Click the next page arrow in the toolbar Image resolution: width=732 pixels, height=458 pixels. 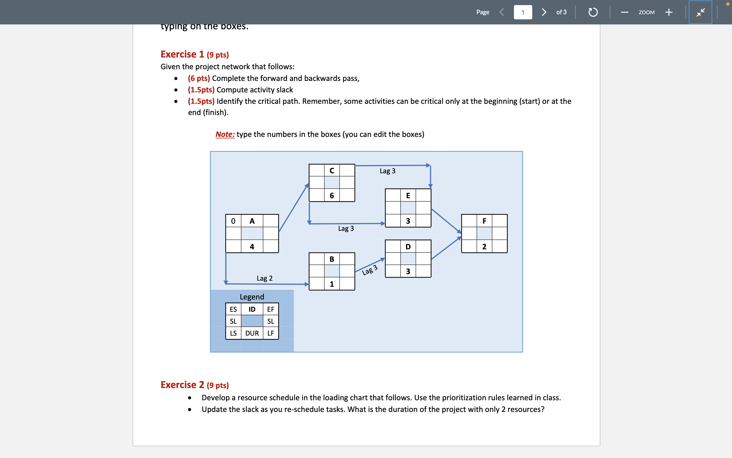(544, 12)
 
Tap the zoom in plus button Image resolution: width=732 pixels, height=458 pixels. (669, 12)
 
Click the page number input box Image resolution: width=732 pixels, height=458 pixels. (523, 12)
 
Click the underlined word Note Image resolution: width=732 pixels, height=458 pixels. (225, 134)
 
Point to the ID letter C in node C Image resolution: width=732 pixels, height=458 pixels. (332, 170)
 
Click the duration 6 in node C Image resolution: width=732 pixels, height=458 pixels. (332, 195)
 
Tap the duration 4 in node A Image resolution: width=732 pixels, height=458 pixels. (252, 247)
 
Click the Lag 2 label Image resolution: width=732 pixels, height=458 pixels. (264, 278)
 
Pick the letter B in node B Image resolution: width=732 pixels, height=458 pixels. (332, 259)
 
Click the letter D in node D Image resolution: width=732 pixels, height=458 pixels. (408, 247)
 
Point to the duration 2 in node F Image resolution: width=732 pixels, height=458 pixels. (484, 247)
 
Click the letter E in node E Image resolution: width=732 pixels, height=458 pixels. (408, 195)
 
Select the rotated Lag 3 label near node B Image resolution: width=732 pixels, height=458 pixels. (370, 270)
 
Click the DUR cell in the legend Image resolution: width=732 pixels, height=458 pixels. (252, 333)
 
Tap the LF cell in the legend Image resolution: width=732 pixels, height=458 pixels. (270, 333)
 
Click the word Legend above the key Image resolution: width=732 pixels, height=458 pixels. (252, 296)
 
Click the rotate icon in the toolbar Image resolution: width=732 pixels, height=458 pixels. (593, 12)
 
